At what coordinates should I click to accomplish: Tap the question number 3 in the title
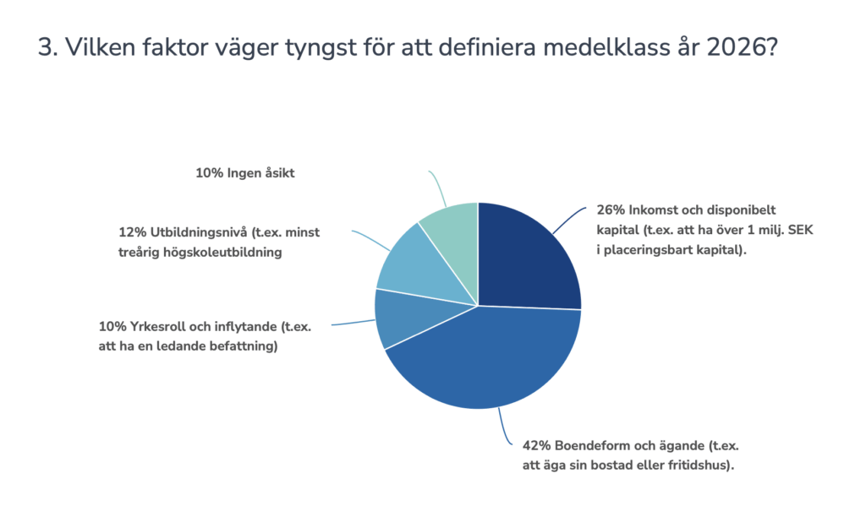pos(45,48)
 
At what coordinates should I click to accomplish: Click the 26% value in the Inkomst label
pos(608,209)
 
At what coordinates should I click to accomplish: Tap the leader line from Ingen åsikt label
pos(437,188)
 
